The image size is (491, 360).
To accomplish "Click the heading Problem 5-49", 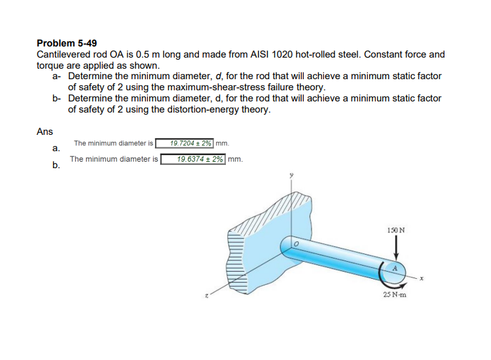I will point(67,43).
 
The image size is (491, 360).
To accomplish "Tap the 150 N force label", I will point(396,230).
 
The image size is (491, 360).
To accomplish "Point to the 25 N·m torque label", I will point(395,295).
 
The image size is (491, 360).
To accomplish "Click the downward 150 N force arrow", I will point(395,249).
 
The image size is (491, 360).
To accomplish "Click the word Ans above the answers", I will point(45,132).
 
